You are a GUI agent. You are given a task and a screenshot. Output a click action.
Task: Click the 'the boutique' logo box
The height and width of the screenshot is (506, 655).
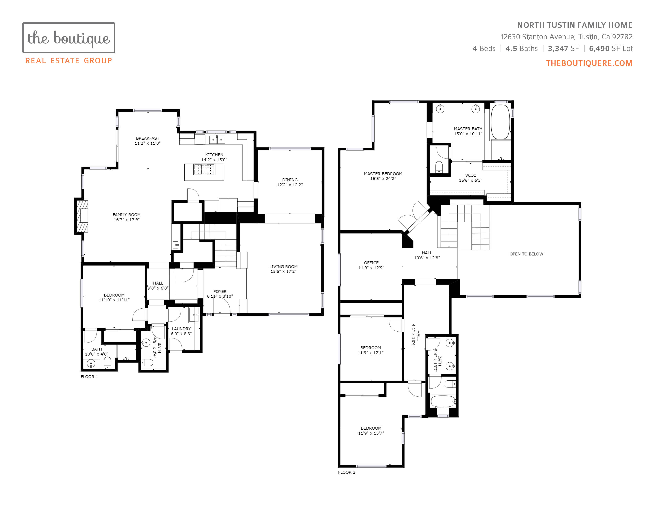[x=69, y=38]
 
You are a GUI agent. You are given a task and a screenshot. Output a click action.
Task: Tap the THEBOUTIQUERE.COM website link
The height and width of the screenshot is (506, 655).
[x=589, y=63]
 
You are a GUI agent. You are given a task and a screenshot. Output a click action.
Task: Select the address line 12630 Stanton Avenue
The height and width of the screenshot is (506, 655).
[x=537, y=37]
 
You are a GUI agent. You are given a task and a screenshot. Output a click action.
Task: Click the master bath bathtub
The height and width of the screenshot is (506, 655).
[x=500, y=122]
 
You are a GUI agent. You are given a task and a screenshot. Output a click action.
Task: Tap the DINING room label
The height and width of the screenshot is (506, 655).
[x=290, y=180]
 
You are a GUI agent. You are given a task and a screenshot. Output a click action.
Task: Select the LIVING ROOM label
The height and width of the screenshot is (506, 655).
[x=283, y=266]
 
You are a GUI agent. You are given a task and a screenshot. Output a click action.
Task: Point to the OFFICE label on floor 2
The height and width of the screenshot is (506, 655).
[x=371, y=263]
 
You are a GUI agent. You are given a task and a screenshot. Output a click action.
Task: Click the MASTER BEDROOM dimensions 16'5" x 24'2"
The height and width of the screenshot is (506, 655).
[x=383, y=179]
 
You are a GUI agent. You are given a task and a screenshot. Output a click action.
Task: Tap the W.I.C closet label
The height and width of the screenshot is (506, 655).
[x=471, y=175]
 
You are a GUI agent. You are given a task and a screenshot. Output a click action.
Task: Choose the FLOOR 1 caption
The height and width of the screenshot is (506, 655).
[x=89, y=377]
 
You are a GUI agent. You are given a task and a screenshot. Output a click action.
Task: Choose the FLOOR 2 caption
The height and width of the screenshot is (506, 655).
[x=347, y=472]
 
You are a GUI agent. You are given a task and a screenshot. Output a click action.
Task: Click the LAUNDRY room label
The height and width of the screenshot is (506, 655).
[x=181, y=329]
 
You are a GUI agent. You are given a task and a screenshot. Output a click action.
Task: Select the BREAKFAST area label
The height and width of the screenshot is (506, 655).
[x=147, y=138]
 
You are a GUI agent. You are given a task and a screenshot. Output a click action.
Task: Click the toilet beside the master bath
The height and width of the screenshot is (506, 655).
[x=439, y=167]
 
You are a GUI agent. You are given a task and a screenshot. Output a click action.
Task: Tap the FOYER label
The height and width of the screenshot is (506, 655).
[x=220, y=291]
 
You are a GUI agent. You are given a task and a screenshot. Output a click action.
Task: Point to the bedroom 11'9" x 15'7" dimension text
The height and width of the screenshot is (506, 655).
[x=371, y=433]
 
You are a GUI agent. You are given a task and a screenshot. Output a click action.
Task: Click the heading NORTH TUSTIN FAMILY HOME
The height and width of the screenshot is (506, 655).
[x=575, y=25]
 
